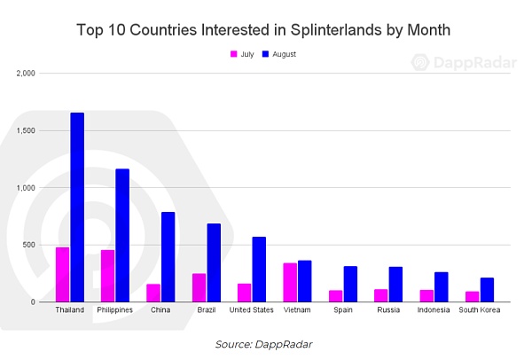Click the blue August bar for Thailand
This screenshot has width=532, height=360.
77,207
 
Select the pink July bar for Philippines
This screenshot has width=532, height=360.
107,276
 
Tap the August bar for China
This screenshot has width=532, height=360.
168,257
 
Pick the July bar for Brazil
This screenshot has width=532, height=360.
199,287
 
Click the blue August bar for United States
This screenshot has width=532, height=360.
259,270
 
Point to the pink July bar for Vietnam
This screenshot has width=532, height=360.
290,282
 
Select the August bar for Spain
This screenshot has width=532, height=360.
350,284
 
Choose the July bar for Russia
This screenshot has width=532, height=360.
381,295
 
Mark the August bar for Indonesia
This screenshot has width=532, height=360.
441,286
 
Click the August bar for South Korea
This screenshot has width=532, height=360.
486,290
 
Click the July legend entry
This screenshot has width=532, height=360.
242,54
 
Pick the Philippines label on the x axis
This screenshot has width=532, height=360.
115,310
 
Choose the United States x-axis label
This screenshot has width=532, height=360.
251,310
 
